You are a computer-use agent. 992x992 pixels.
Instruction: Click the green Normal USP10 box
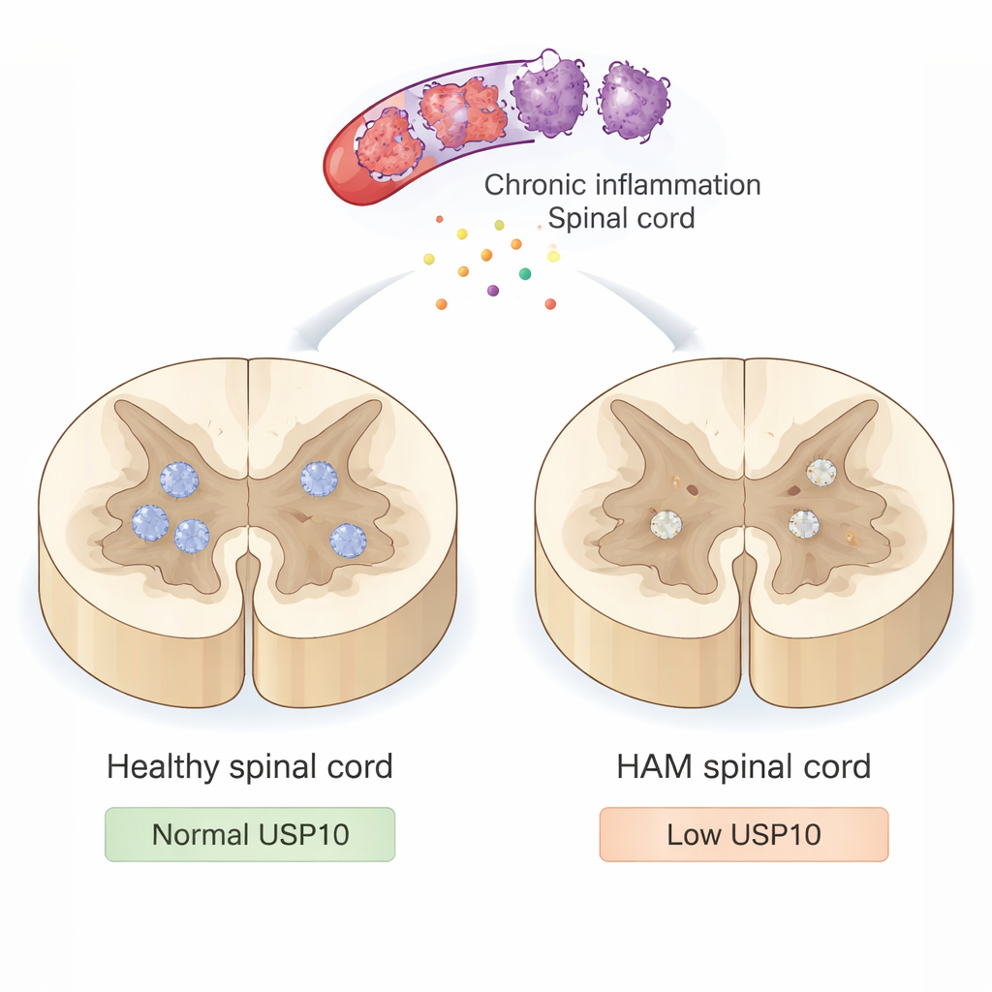click(250, 834)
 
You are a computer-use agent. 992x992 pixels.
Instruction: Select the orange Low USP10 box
click(743, 834)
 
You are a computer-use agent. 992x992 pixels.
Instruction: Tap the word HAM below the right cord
click(656, 767)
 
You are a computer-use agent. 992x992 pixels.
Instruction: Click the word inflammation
click(677, 184)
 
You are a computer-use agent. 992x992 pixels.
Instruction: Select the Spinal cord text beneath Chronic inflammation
click(621, 218)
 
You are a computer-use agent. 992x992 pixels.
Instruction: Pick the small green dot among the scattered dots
click(525, 274)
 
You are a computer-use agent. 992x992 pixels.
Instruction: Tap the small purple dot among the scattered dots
click(493, 290)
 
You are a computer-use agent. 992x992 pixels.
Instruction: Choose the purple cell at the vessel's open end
click(549, 95)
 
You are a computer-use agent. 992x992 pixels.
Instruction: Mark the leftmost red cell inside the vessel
click(388, 143)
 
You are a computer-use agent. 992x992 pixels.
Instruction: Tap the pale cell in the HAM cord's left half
click(666, 524)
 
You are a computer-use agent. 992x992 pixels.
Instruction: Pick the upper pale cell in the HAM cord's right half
click(821, 472)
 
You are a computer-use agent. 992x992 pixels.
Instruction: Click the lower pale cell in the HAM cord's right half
click(803, 523)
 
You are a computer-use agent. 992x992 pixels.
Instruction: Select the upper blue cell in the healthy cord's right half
click(318, 478)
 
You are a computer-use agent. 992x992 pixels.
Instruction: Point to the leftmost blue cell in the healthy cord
click(150, 522)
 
